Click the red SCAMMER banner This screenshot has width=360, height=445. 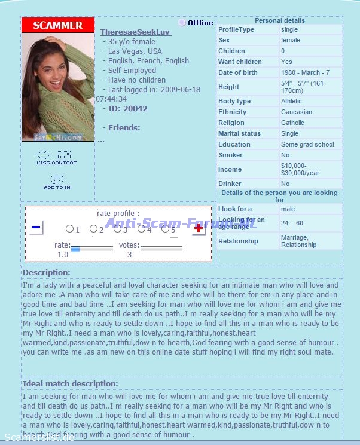coord(58,25)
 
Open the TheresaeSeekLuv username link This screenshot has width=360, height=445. coord(136,32)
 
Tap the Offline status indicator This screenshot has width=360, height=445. coord(196,23)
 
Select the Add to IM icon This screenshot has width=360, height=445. coord(57,182)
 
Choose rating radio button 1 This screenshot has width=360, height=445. coord(69,229)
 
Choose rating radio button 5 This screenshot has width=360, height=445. coord(165,229)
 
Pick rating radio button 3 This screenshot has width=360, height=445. coord(118,229)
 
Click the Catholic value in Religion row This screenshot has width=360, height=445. coord(292,123)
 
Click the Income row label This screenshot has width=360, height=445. coord(230,169)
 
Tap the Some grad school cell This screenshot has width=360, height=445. coord(307,144)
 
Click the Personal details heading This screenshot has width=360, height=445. coord(279,20)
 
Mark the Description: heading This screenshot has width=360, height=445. coord(47,273)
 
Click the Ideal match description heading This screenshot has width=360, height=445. coord(70,383)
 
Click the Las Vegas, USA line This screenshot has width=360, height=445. coord(135,51)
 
